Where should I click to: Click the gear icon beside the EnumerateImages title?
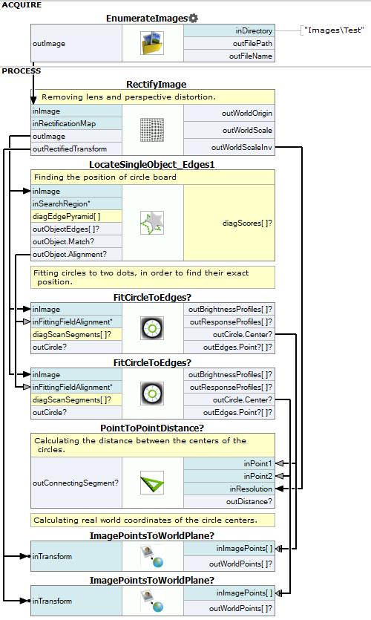(193, 18)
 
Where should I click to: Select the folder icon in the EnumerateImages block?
(152, 43)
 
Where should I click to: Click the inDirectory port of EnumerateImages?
(254, 31)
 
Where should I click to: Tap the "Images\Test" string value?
(334, 30)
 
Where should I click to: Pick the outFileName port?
(251, 56)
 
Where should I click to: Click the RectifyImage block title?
(157, 84)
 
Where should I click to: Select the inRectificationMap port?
(64, 124)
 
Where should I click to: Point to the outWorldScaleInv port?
(242, 148)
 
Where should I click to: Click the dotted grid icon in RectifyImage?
(152, 130)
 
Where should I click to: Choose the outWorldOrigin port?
(247, 114)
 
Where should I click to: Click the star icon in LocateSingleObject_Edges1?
(152, 223)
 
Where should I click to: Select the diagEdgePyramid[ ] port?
(66, 217)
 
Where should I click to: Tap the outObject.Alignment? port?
(70, 254)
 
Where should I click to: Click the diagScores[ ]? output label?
(247, 223)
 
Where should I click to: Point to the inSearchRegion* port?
(62, 204)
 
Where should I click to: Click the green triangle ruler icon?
(152, 483)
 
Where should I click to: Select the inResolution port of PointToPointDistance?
(251, 489)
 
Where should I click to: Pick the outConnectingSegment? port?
(76, 483)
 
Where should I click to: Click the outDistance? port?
(249, 501)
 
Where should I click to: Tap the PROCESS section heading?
(22, 71)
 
